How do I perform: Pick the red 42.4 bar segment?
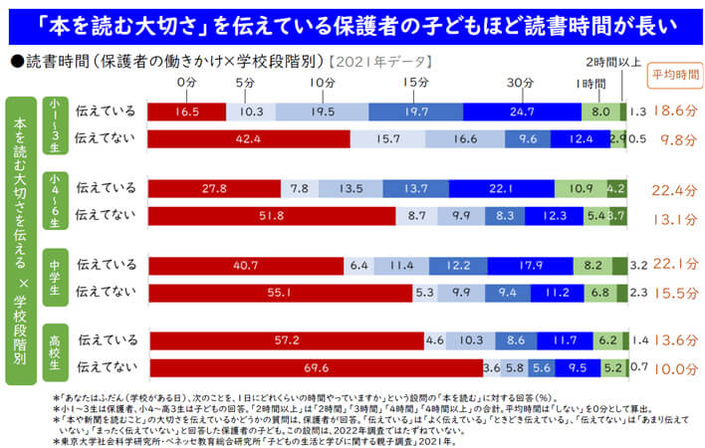point(249,138)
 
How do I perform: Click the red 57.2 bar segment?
point(286,340)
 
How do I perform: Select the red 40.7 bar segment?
point(246,265)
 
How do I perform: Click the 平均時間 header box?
point(674,75)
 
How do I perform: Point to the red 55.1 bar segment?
point(280,292)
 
